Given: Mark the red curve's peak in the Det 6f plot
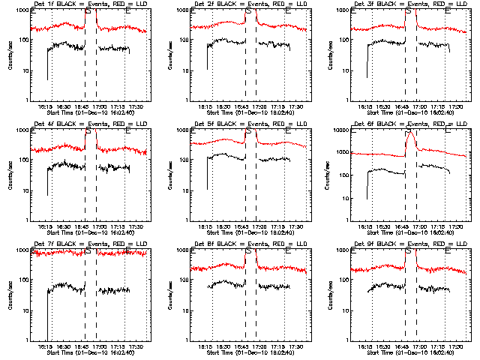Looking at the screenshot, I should coord(410,132).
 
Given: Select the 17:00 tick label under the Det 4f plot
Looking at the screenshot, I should coord(99,227).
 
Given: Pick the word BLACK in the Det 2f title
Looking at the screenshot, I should coord(224,4).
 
